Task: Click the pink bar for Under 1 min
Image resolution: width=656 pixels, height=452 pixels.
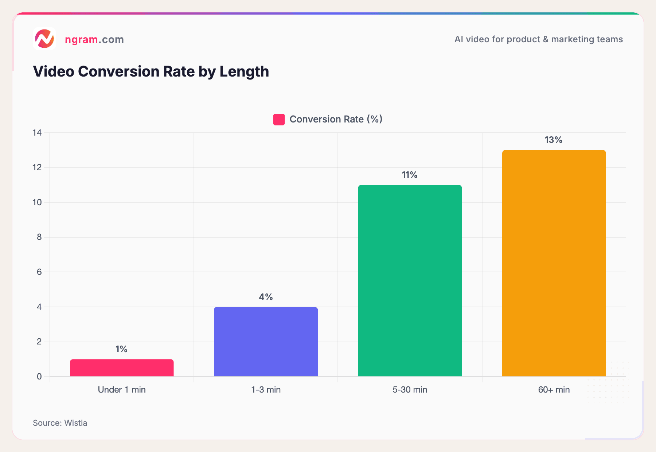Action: click(122, 368)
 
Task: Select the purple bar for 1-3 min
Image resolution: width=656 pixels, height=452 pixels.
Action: click(266, 342)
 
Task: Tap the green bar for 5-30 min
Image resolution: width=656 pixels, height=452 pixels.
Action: click(410, 281)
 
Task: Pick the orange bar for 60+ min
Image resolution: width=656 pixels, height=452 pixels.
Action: click(554, 263)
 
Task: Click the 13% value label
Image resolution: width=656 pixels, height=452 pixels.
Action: click(553, 140)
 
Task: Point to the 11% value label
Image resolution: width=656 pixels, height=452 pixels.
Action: click(410, 175)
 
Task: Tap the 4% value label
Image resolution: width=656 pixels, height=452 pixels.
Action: click(266, 297)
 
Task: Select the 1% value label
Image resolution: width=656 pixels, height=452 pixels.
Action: click(121, 349)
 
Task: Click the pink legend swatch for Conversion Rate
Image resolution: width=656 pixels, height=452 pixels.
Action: click(279, 120)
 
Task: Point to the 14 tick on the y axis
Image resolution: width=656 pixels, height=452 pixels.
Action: click(37, 133)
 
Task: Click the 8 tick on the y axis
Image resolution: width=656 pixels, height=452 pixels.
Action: click(39, 237)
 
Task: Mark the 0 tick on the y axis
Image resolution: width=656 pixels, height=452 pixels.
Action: click(39, 377)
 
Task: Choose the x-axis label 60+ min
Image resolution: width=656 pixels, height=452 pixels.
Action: click(554, 390)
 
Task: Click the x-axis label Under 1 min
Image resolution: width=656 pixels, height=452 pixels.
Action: click(122, 390)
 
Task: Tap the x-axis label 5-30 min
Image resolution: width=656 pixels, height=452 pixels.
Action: click(410, 390)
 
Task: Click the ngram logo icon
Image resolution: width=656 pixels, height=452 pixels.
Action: click(44, 39)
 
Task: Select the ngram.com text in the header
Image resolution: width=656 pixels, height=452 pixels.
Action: click(94, 39)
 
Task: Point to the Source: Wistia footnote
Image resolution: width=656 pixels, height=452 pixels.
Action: click(60, 423)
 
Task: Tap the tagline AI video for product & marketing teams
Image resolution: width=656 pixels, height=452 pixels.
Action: click(538, 39)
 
